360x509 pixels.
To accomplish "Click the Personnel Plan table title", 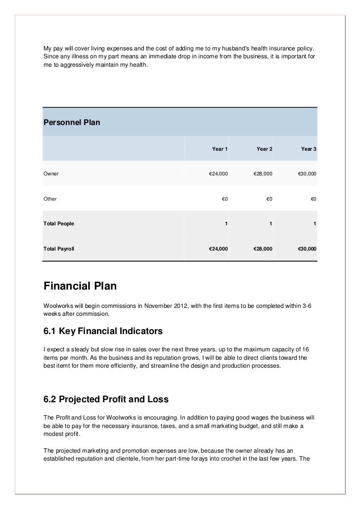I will coord(72,122).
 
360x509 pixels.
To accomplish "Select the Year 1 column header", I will coord(220,149).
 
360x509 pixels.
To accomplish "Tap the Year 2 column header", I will coord(264,149).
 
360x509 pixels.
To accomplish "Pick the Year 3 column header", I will coord(309,149).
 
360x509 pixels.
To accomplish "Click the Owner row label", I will coord(51,174).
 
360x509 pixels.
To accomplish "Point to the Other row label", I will coord(50,199).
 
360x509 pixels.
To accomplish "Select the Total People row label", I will coord(59,223).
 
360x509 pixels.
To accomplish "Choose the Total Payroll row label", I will coord(59,248).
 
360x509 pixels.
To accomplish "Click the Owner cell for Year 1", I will coord(218,174).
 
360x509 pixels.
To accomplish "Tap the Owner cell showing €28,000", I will coord(263,174).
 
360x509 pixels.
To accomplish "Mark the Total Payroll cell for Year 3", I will coord(307,248).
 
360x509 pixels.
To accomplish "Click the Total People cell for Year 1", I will coord(226,223).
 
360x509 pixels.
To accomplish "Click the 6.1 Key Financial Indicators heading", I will coord(103,330).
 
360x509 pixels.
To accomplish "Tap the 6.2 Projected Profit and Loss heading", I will coord(106,399).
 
